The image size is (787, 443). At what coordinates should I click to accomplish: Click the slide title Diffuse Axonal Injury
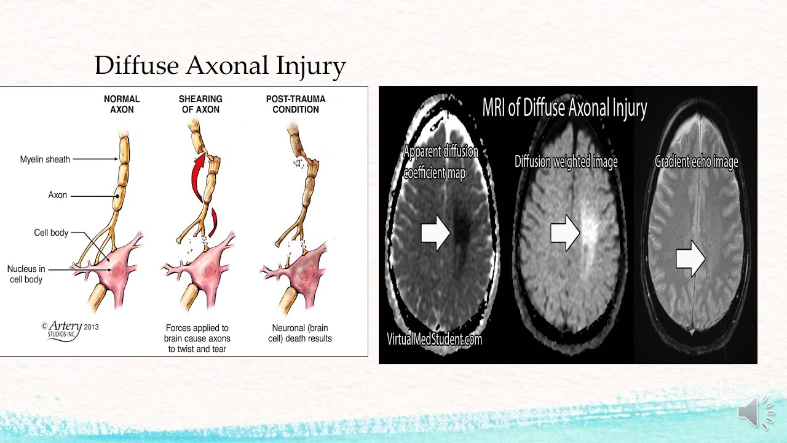pos(220,65)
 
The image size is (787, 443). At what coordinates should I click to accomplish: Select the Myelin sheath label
pos(45,159)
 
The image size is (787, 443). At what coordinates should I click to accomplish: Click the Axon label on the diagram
pos(58,195)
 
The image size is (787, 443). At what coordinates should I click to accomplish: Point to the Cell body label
pos(51,233)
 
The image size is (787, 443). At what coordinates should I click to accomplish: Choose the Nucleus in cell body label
pos(25,274)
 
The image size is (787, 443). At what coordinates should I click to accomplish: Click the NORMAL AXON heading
pos(122,104)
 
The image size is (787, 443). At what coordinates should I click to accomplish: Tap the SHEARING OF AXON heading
pos(200,104)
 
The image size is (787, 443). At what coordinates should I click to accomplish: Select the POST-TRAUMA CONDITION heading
pos(296,104)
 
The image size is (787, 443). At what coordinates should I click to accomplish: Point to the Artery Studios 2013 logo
pos(69,329)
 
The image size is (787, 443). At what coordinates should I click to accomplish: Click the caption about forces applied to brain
pos(197,338)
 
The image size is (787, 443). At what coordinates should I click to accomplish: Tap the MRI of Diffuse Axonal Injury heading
pos(564,108)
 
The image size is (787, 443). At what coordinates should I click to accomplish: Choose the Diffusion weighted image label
pos(566,162)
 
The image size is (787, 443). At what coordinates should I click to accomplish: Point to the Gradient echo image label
pos(696,162)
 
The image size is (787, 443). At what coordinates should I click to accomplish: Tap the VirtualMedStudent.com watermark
pos(434,338)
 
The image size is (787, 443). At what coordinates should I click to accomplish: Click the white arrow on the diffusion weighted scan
pos(565,233)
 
